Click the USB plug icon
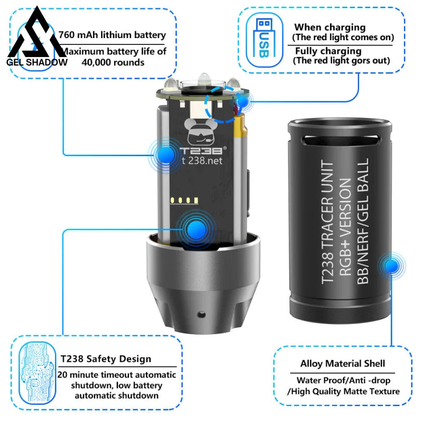coord(264,38)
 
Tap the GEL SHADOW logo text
coord(37,62)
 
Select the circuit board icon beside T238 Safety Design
coord(37,373)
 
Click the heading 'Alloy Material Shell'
coord(343,363)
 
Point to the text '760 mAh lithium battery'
coord(112,35)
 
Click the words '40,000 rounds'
coord(113,62)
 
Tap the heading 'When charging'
coord(330,27)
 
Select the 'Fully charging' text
coord(328,51)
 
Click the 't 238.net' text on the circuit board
coord(202,161)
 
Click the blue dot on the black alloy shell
coord(392,266)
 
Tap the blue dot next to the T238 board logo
coord(165,154)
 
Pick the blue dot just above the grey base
coord(196,229)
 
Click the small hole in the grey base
coord(201,314)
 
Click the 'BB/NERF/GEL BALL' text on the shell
coord(363,221)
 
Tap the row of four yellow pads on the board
coord(185,200)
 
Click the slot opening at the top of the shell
coord(341,140)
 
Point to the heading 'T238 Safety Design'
coord(106,359)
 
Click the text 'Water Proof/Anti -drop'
coord(343,380)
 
